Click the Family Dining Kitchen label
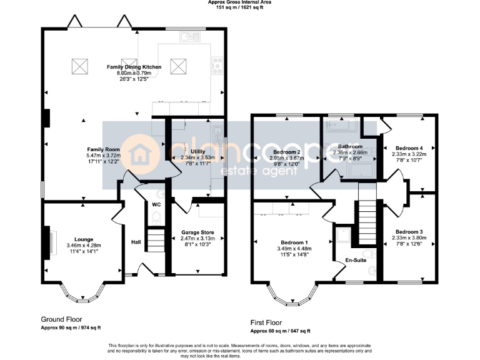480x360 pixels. click(x=134, y=67)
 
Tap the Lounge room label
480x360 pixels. click(x=84, y=239)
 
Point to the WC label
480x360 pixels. click(x=156, y=204)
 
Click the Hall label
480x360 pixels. click(x=136, y=242)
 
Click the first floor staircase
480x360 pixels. click(x=367, y=222)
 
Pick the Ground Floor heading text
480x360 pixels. click(x=61, y=318)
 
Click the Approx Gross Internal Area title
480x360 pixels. click(x=239, y=2)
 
